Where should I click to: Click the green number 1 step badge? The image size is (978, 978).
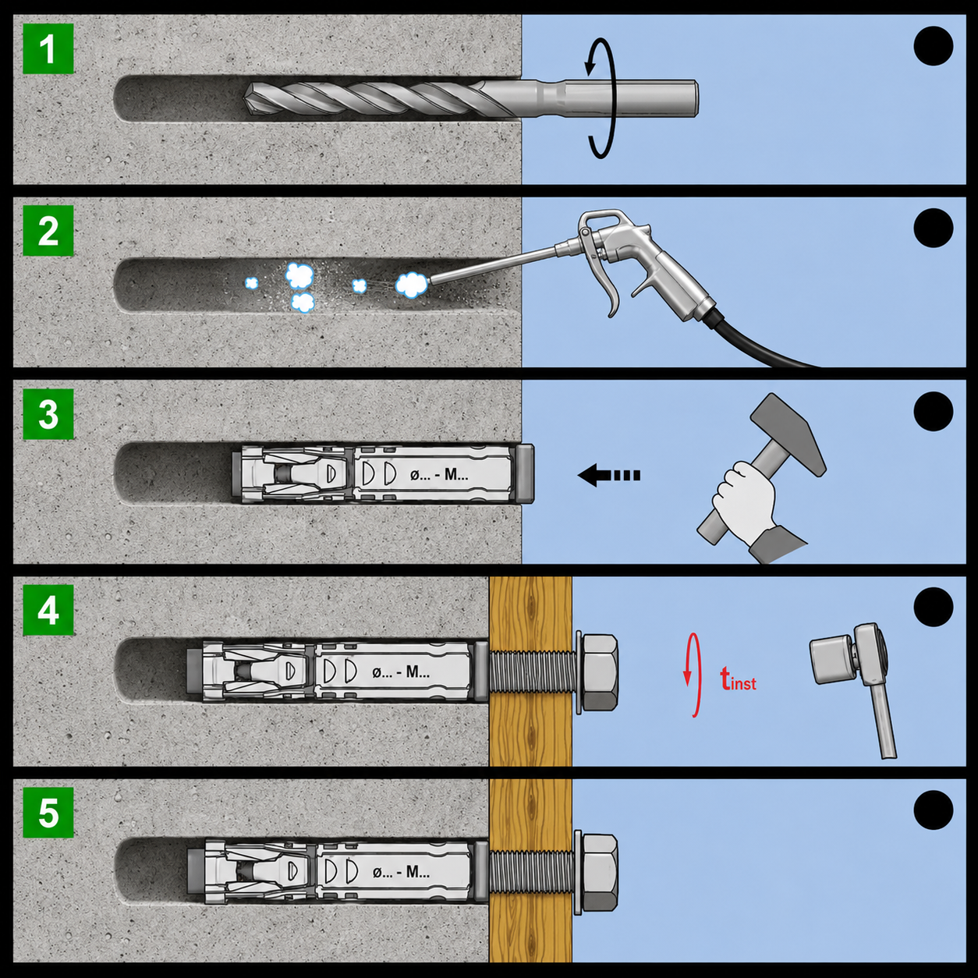pyautogui.click(x=48, y=48)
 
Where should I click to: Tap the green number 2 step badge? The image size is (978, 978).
pyautogui.click(x=48, y=231)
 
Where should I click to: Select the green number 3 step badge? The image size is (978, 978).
pyautogui.click(x=48, y=413)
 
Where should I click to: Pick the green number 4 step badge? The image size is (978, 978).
pyautogui.click(x=48, y=610)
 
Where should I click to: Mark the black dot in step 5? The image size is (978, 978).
pyautogui.click(x=933, y=810)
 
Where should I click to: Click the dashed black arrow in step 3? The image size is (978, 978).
pyautogui.click(x=609, y=476)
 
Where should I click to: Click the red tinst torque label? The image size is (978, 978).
pyautogui.click(x=739, y=679)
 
